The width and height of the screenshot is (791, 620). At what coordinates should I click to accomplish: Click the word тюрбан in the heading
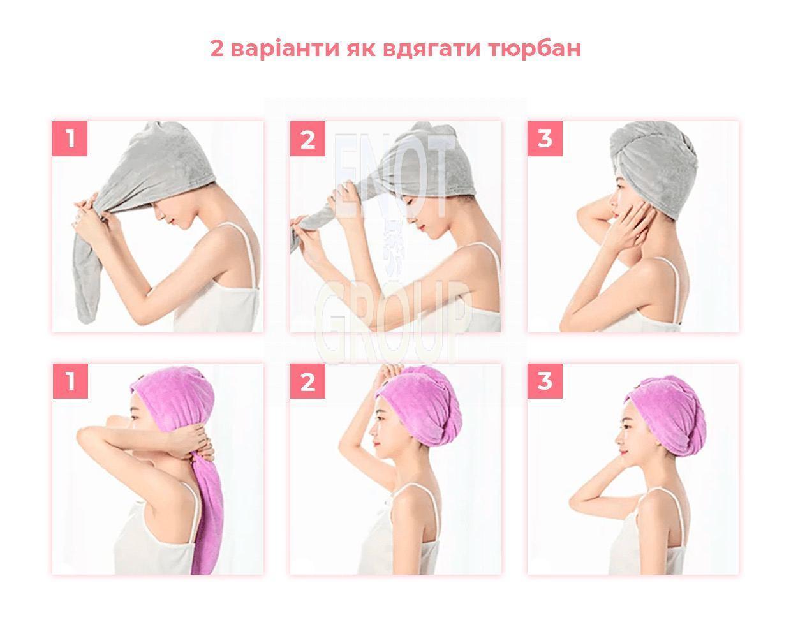[535, 49]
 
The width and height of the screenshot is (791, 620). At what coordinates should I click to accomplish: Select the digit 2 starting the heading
[217, 48]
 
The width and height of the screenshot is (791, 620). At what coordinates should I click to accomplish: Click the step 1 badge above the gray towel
[70, 139]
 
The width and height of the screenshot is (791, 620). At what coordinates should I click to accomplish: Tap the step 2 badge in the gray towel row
[307, 139]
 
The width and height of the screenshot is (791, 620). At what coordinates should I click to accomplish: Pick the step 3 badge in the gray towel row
[545, 139]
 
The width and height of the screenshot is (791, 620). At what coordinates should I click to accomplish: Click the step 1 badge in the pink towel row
[70, 381]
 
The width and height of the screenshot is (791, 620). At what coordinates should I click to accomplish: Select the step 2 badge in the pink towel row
[307, 381]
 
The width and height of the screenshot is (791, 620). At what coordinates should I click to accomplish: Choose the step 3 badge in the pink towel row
[545, 381]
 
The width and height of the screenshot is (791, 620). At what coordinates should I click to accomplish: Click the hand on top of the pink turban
[391, 373]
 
